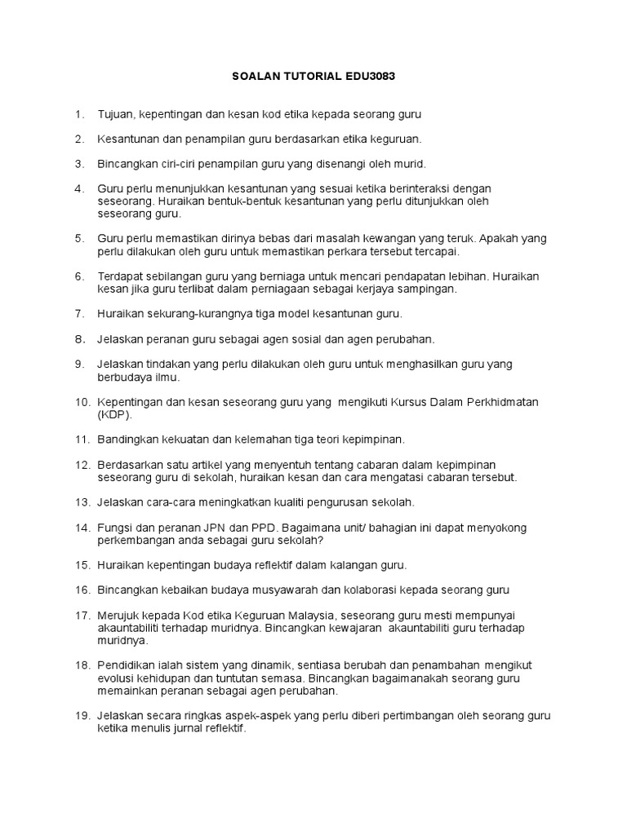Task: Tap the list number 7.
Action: [79, 313]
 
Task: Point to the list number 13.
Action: [82, 501]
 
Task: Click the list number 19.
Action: [82, 715]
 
